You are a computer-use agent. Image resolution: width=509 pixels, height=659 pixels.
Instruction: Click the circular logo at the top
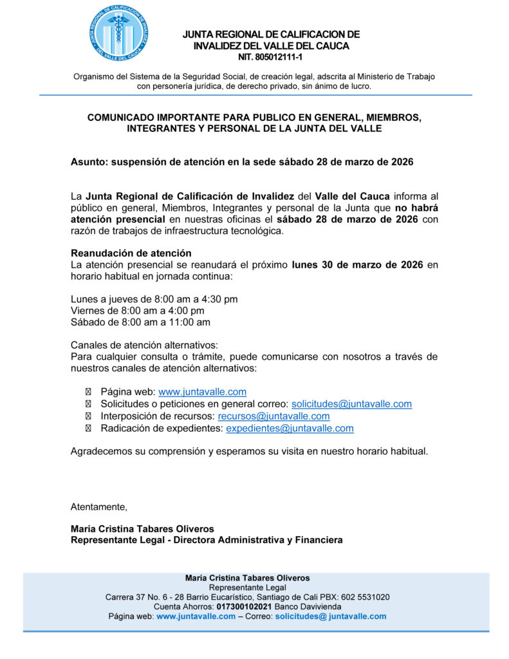[x=120, y=33]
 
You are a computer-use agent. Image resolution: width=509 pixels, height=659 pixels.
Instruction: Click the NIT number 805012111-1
[x=271, y=57]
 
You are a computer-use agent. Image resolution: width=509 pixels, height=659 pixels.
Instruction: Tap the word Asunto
[x=88, y=162]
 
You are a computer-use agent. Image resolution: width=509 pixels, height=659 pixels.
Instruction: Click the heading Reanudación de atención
[x=131, y=253]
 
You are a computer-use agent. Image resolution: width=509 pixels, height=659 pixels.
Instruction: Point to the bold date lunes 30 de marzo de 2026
[x=357, y=265]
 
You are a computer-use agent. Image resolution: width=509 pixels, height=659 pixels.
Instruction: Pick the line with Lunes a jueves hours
[x=154, y=299]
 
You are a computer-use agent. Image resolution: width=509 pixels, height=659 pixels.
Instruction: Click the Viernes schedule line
[x=137, y=311]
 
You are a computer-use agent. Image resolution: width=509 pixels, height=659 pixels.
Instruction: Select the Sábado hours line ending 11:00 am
[x=140, y=322]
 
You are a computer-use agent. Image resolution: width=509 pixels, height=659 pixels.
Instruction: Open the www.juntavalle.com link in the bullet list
[x=202, y=392]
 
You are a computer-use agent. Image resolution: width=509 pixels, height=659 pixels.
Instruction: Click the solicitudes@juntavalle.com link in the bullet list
[x=351, y=404]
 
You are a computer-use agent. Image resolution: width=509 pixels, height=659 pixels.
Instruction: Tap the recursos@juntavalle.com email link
[x=273, y=416]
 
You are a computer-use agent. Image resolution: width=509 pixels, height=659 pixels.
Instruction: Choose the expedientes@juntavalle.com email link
[x=290, y=429]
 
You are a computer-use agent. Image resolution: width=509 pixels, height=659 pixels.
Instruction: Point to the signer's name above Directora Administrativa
[x=142, y=529]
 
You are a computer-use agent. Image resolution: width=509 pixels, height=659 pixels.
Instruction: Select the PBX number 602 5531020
[x=366, y=597]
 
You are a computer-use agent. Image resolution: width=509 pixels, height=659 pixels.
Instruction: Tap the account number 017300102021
[x=244, y=607]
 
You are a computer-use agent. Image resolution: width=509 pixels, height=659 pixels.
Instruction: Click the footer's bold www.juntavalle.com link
[x=196, y=617]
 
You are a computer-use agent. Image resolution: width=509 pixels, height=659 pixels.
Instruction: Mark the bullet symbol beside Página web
[x=88, y=392]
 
